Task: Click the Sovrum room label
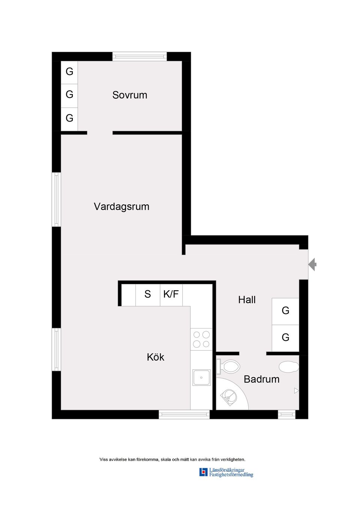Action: [x=129, y=95]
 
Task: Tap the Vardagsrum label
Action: [x=121, y=206]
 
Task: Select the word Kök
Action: [x=155, y=357]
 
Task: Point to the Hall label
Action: [x=247, y=300]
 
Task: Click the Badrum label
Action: [x=261, y=379]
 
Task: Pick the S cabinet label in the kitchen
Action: [x=147, y=294]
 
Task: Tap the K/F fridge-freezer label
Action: [x=171, y=294]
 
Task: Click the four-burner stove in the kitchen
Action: [x=201, y=339]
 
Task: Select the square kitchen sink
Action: [x=201, y=377]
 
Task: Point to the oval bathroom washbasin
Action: [x=289, y=366]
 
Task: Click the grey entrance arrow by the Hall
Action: [x=312, y=264]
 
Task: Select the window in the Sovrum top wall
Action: [x=139, y=57]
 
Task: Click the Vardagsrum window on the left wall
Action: [x=56, y=199]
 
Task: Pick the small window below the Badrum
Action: [x=286, y=414]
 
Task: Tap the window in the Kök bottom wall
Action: [x=184, y=414]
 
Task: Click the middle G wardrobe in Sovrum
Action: [x=69, y=94]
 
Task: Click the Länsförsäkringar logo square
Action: [x=203, y=472]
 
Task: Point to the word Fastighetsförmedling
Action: [x=231, y=475]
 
